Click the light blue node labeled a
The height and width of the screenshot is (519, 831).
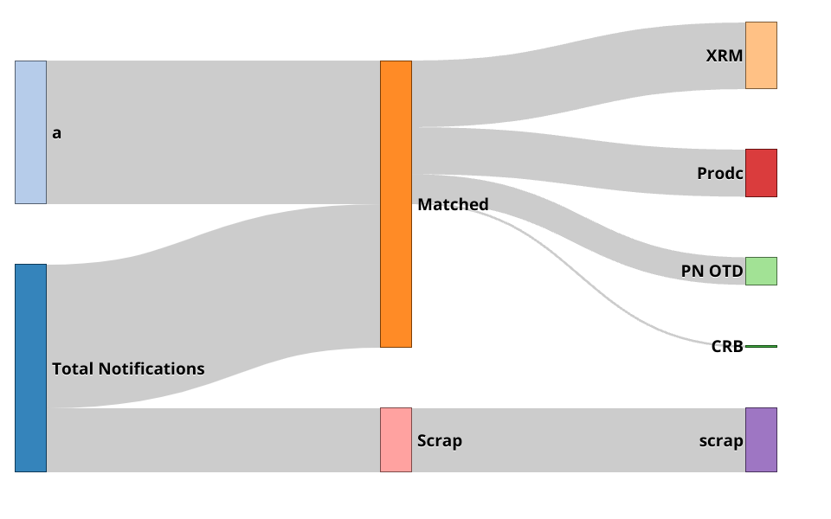30,132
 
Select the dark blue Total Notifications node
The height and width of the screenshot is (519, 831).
30,368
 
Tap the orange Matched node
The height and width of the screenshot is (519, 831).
396,204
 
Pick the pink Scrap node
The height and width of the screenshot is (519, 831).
396,439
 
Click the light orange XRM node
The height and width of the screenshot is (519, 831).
761,55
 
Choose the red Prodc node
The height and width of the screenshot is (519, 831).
761,173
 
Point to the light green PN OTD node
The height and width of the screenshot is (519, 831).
761,271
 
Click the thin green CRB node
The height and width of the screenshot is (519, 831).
761,346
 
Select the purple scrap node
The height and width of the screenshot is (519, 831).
761,439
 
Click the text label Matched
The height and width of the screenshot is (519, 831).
453,205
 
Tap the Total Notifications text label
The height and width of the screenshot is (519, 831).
128,368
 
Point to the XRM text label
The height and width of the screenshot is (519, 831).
724,56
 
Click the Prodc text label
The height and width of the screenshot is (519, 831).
719,174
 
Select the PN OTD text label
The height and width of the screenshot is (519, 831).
712,272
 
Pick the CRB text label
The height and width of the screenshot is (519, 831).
727,347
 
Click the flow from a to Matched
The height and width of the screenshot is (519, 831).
213,132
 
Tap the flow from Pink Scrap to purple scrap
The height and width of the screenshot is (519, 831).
578,439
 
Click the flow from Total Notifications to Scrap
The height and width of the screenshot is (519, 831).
213,439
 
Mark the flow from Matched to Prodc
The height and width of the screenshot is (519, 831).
578,162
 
